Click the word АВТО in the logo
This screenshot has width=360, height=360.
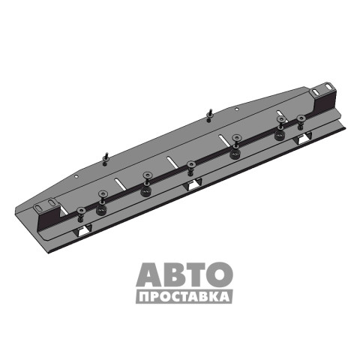click(x=184, y=274)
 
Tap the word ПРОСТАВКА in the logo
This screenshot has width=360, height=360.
click(x=184, y=297)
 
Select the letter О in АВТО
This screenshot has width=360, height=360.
click(x=220, y=274)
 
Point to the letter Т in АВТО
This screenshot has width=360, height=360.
click(x=196, y=274)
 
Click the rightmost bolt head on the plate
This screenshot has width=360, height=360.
click(x=301, y=118)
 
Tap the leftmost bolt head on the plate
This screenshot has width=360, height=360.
click(x=80, y=211)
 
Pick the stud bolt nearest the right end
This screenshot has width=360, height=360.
click(x=209, y=115)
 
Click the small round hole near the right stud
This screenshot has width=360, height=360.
click(x=237, y=109)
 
